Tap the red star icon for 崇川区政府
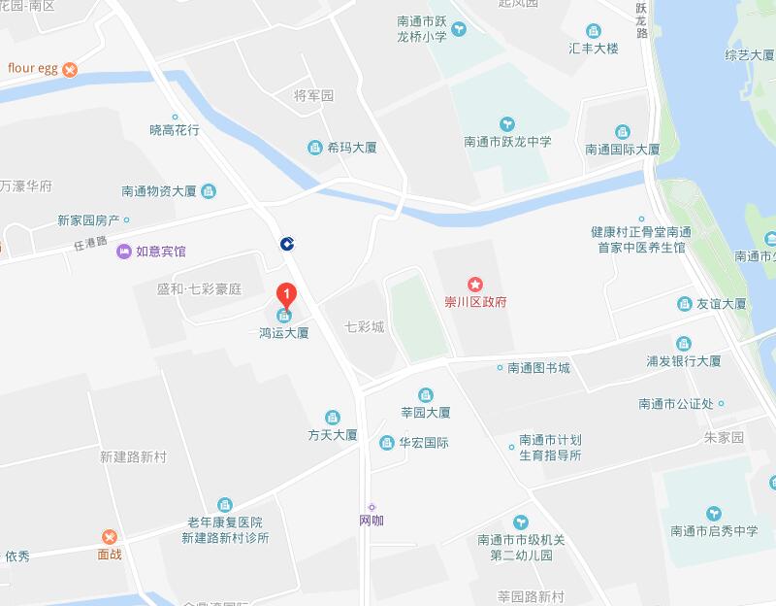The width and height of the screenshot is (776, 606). point(475,285)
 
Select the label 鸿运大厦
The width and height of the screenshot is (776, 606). point(284,333)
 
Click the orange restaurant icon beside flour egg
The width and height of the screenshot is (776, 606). point(71,69)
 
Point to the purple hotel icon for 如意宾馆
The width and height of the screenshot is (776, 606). point(123,252)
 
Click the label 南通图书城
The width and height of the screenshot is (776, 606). point(538,368)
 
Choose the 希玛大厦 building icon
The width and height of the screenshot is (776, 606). point(314,148)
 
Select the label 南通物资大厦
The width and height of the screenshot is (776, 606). point(160,191)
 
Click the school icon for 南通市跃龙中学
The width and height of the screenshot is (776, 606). point(506,123)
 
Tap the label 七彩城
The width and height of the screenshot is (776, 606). point(365,326)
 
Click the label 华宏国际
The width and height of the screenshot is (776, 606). point(424,443)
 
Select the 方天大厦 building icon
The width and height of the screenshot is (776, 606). point(333,417)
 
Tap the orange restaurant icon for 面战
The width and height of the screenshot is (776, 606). point(109,537)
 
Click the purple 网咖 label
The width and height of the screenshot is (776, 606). point(372,521)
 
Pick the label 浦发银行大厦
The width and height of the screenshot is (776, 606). point(684,361)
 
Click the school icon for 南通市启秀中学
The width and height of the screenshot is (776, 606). point(714,513)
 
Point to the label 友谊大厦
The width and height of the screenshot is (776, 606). point(722,304)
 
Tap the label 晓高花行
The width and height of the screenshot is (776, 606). point(175,129)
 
